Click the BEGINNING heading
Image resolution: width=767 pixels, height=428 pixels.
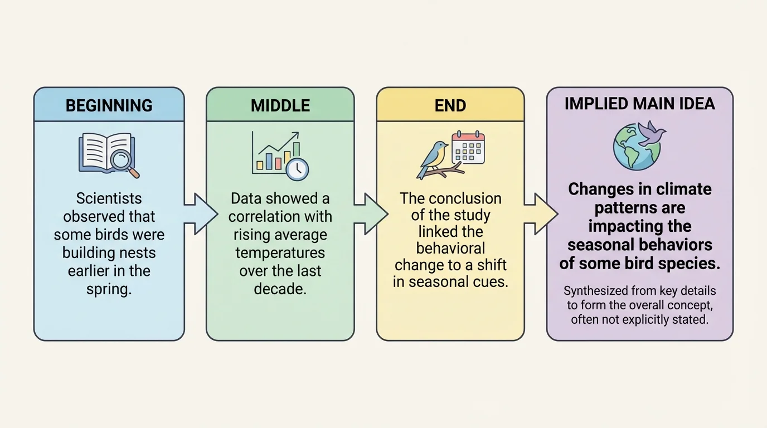tap(109, 105)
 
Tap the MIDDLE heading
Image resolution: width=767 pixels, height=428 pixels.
tap(280, 105)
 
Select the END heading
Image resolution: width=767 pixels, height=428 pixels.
tap(450, 105)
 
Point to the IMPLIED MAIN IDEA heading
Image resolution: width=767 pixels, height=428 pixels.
tap(639, 104)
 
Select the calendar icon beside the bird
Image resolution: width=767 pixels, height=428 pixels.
tap(468, 148)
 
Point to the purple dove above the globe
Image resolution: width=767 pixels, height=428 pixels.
tap(651, 133)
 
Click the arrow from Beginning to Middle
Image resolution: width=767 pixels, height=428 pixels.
tap(200, 214)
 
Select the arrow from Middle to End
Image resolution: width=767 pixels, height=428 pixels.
tap(370, 214)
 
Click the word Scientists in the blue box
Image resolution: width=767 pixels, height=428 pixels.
tap(109, 199)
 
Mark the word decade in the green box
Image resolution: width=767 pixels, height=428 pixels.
tap(280, 289)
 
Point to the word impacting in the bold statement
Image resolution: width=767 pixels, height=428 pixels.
tap(640, 227)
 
